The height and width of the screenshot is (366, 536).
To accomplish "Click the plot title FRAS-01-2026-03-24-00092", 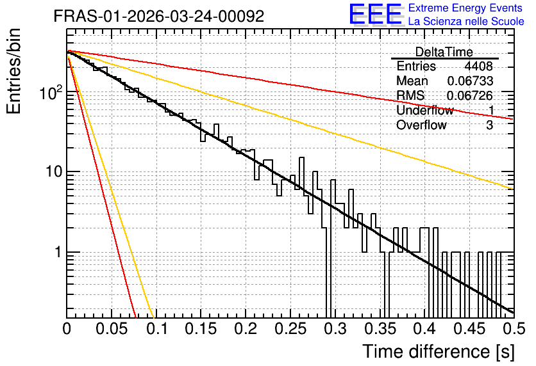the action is click(159, 16).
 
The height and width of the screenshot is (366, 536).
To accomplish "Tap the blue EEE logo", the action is click(376, 14).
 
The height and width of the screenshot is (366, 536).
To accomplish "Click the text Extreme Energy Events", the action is click(465, 8).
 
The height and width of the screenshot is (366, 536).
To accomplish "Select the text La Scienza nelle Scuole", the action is click(466, 21).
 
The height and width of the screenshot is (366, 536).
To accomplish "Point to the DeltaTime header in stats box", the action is click(444, 52).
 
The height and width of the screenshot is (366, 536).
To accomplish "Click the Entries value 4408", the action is click(478, 66).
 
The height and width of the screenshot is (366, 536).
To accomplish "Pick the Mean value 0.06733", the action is click(470, 81).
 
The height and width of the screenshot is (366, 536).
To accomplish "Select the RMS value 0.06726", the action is click(470, 95).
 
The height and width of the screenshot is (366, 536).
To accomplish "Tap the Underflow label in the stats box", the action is click(425, 110).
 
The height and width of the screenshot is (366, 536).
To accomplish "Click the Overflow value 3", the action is click(489, 125).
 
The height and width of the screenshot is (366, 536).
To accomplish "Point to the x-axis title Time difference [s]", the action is click(439, 351).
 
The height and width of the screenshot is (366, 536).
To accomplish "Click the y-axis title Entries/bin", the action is click(13, 71).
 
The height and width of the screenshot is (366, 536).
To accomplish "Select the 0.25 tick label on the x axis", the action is click(290, 329).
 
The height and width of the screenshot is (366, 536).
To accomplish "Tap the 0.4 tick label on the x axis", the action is click(424, 329).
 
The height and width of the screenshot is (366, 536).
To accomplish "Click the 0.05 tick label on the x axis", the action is click(112, 329).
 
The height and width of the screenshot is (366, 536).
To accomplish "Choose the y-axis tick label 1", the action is click(58, 252).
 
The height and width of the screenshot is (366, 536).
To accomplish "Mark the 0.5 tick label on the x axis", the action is click(514, 329).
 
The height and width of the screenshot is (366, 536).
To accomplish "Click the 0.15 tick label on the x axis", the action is click(201, 329).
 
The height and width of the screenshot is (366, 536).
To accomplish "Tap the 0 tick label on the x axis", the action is click(67, 329).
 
